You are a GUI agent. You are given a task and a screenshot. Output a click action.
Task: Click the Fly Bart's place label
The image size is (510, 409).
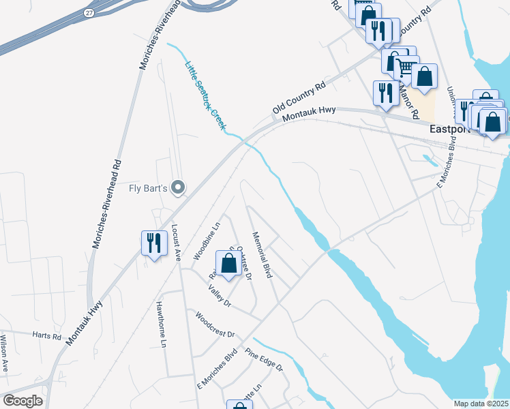(148, 187)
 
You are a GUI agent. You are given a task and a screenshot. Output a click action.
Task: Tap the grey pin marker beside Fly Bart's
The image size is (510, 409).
(179, 186)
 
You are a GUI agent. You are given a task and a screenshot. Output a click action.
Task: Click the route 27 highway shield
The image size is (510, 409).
(90, 13)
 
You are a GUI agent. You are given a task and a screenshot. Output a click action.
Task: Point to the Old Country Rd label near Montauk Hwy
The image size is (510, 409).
(299, 100)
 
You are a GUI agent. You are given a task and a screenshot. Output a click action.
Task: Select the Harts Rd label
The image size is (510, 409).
(46, 335)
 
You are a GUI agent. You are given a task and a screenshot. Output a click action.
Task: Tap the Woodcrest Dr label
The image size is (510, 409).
(215, 325)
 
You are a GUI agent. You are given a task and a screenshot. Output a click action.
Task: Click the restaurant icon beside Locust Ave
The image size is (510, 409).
(153, 243)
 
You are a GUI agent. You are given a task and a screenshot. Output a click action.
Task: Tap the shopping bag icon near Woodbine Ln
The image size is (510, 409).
(228, 263)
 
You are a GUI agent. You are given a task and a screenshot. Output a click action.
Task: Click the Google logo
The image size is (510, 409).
(22, 401)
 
